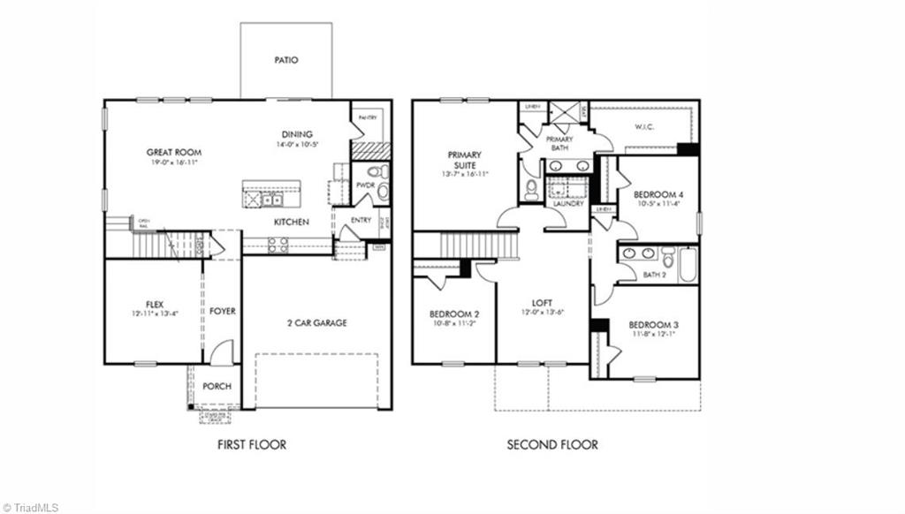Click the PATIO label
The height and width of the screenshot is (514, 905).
(x=286, y=61)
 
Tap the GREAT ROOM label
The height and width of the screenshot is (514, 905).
(x=174, y=153)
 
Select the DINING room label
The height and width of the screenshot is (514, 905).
(x=298, y=134)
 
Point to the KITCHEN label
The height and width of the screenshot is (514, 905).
(x=291, y=222)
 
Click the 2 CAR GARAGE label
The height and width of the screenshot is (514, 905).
(x=316, y=323)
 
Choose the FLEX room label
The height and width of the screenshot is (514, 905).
(x=154, y=305)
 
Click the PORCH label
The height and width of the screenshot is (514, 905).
(x=217, y=386)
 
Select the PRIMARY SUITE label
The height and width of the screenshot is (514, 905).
(x=464, y=159)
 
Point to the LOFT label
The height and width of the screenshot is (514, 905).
(x=543, y=301)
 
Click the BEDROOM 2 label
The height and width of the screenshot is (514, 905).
(x=454, y=314)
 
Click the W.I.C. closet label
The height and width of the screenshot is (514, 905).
(x=644, y=126)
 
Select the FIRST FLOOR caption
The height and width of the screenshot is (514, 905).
(x=252, y=445)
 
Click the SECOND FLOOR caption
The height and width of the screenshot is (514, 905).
(x=552, y=445)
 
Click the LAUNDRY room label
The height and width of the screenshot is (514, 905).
(x=567, y=204)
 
